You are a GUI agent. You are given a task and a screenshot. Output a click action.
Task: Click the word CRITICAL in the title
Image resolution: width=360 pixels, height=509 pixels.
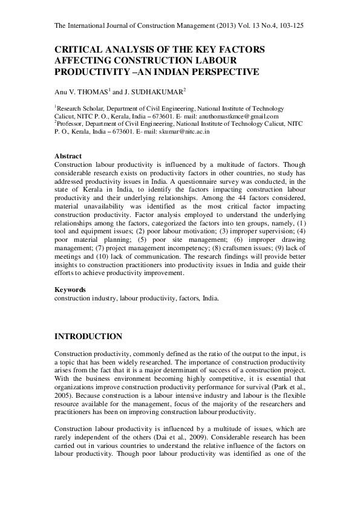[80, 50]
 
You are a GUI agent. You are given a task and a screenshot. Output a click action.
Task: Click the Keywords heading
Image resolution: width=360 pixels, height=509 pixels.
[70, 290]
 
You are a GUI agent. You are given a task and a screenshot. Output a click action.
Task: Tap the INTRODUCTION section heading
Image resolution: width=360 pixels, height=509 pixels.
[88, 337]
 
